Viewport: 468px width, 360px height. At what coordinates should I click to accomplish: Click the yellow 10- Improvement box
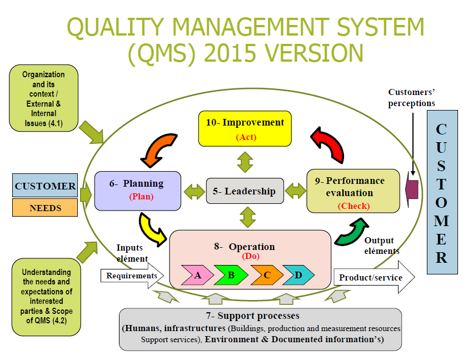tap(245, 128)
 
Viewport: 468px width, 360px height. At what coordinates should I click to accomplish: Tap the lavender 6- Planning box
tap(137, 190)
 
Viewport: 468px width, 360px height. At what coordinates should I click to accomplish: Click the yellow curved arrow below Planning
tap(151, 229)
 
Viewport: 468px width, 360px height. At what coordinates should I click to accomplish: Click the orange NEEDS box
tap(45, 208)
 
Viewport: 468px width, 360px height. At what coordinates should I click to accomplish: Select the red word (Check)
tap(354, 206)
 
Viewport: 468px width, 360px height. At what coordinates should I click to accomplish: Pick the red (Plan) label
tap(141, 196)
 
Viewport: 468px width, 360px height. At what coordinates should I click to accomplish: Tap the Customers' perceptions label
tap(411, 97)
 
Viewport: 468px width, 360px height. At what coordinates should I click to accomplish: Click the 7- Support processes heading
tap(259, 316)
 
